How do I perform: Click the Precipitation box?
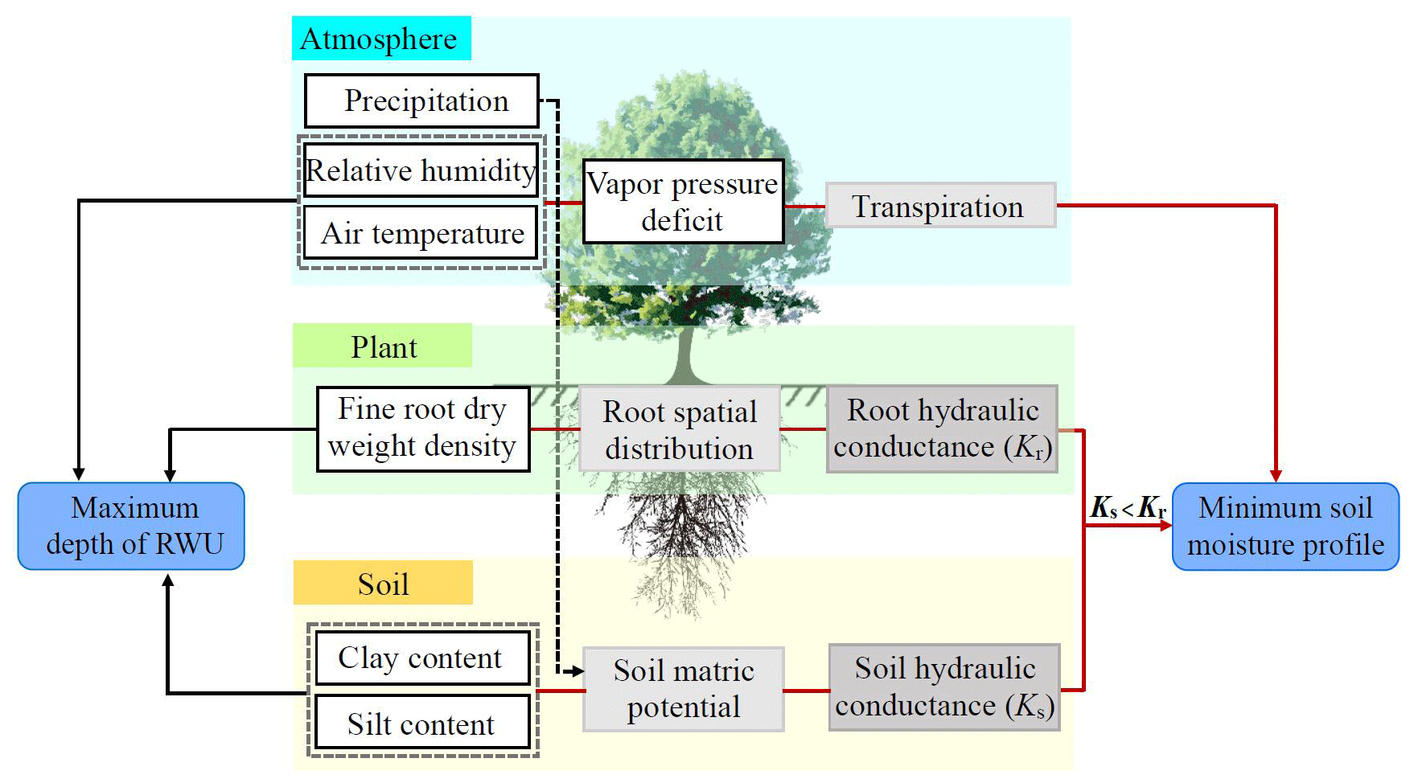pyautogui.click(x=421, y=101)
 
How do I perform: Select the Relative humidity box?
pyautogui.click(x=421, y=170)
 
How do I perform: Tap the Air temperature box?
pyautogui.click(x=421, y=233)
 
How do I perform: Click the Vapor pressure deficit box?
pyautogui.click(x=683, y=202)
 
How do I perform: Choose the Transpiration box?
pyautogui.click(x=940, y=206)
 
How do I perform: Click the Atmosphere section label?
pyautogui.click(x=380, y=39)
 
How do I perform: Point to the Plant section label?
pyautogui.click(x=383, y=346)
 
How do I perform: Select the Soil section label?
pyautogui.click(x=383, y=584)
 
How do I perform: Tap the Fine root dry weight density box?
pyautogui.click(x=423, y=428)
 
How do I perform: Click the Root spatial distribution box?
pyautogui.click(x=680, y=429)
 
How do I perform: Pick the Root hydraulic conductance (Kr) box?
pyautogui.click(x=942, y=428)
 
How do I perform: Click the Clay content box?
pyautogui.click(x=421, y=658)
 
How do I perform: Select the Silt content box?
pyautogui.click(x=421, y=723)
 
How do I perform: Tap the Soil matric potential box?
pyautogui.click(x=683, y=689)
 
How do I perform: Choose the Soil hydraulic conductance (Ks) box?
pyautogui.click(x=944, y=687)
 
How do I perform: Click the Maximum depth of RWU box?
pyautogui.click(x=131, y=527)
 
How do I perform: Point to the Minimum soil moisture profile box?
pyautogui.click(x=1285, y=527)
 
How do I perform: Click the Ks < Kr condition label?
pyautogui.click(x=1128, y=508)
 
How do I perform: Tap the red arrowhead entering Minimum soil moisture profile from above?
pyautogui.click(x=1276, y=476)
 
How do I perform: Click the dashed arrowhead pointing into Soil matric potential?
pyautogui.click(x=577, y=670)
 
